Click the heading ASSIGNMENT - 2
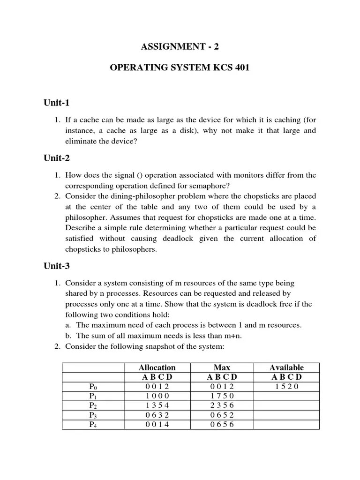(x=180, y=46)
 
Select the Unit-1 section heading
(x=57, y=103)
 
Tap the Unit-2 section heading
(x=57, y=158)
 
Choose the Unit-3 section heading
(x=57, y=266)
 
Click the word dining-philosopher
(x=127, y=195)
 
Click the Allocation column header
(x=157, y=367)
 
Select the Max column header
(x=221, y=367)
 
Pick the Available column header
(x=286, y=367)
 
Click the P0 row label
(x=93, y=387)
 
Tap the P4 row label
(x=93, y=425)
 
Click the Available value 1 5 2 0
(x=286, y=387)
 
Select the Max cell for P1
(x=221, y=396)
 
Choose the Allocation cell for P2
(x=157, y=405)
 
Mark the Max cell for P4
(x=221, y=425)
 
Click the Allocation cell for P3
(x=157, y=415)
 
